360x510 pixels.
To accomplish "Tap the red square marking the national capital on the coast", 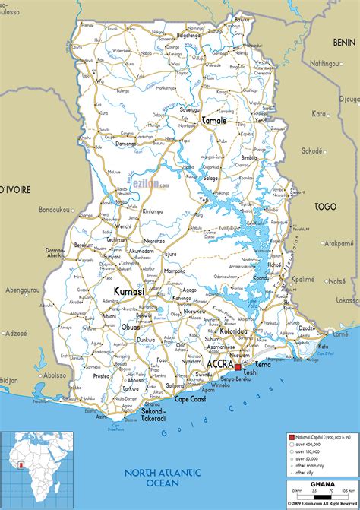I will [237, 368].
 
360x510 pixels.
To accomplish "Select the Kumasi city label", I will [128, 292].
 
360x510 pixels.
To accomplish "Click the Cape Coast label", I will [191, 399].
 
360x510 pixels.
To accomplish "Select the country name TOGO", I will [325, 206].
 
